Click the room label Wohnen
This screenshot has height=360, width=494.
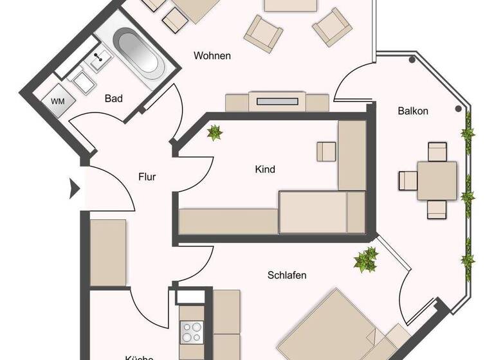212,56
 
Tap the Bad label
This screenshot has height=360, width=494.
113,98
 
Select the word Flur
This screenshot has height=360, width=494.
147,176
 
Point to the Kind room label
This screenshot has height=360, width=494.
265,170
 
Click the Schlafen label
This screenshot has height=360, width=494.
287,275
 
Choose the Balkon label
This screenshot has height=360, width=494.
413,111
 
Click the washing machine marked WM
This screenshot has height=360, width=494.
57,102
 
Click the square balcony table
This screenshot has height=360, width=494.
437,181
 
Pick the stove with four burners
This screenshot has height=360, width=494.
191,332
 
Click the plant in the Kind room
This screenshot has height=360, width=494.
214,133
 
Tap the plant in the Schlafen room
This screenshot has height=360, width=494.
366,259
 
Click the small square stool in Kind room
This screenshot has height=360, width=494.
326,151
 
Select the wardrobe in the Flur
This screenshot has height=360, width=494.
108,251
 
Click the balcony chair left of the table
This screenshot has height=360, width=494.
408,181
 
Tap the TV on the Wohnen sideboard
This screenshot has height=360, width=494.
277,100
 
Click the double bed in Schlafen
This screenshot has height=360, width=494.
334,328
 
